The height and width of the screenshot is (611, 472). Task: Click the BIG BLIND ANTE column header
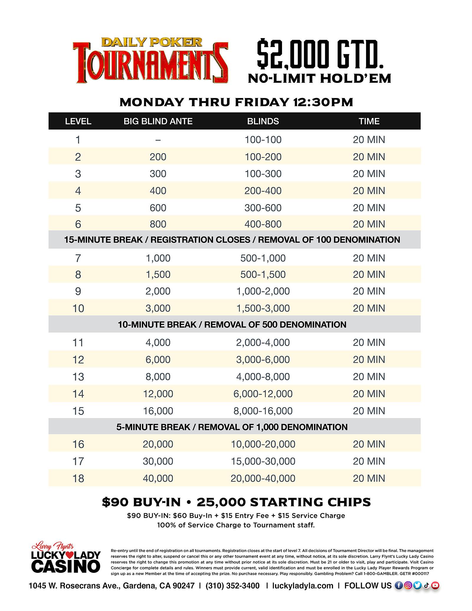tap(158, 121)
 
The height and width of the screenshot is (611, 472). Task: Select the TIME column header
tap(369, 121)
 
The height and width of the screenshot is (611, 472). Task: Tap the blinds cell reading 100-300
tap(263, 174)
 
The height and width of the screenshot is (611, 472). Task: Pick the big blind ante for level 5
tap(158, 208)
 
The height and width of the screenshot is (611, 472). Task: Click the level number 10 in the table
tap(78, 309)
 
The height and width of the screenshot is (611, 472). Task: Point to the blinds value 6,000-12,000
tap(263, 394)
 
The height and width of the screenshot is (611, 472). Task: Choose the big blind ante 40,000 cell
tap(158, 478)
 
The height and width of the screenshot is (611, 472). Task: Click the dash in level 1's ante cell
tap(158, 140)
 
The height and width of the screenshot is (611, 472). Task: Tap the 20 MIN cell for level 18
tap(369, 478)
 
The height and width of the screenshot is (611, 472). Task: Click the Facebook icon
tap(399, 585)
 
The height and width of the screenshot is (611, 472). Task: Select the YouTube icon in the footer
tap(435, 585)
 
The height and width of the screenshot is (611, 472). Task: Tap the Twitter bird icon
tap(417, 585)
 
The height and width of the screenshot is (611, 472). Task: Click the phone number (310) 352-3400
tap(232, 586)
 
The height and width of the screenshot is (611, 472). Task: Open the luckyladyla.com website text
tap(302, 586)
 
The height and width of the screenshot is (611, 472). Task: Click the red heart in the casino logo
tap(70, 555)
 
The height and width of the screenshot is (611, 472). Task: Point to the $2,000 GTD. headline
tap(320, 55)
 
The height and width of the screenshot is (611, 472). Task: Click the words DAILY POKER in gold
tap(152, 42)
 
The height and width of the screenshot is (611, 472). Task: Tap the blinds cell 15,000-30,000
tap(263, 461)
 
